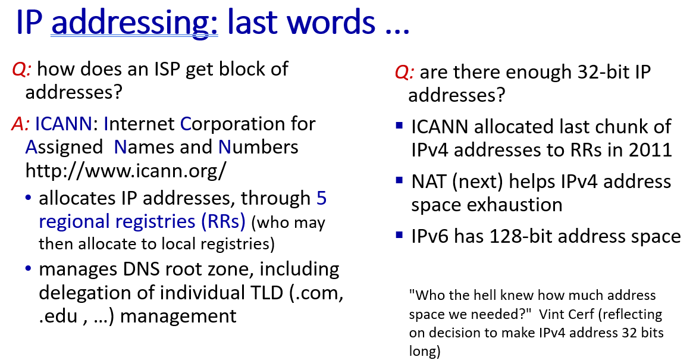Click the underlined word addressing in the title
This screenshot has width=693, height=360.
(x=134, y=23)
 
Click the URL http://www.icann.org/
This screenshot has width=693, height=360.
(x=126, y=171)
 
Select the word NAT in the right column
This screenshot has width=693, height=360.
(x=429, y=181)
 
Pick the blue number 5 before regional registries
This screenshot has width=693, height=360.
(x=321, y=198)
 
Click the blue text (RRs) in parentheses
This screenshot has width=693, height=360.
(x=223, y=221)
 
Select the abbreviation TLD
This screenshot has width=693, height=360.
(x=266, y=293)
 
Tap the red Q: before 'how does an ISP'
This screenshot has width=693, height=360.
(x=21, y=70)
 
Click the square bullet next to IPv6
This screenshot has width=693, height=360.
(x=400, y=235)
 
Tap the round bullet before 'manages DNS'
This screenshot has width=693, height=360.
(x=29, y=268)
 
